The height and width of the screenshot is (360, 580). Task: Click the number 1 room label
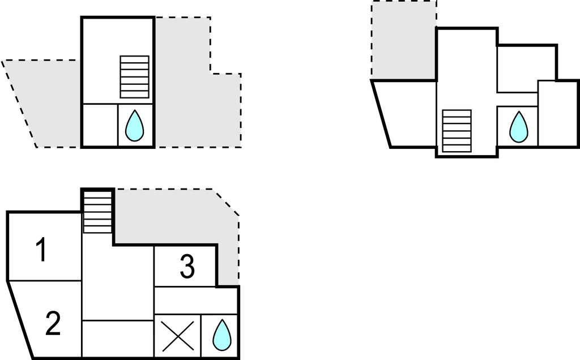[x=41, y=251]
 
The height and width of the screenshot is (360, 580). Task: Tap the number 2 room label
[x=53, y=324]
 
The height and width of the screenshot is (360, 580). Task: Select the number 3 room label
[x=187, y=267]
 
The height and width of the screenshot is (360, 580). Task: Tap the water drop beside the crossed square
[x=221, y=335]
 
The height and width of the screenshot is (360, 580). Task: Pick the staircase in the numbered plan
[x=97, y=211]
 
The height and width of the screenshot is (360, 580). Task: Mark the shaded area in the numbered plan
[x=170, y=218]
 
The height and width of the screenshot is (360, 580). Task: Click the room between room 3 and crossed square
[x=195, y=300]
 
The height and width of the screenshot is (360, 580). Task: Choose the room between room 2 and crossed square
[x=118, y=338]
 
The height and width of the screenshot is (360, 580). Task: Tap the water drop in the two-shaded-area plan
[x=134, y=126]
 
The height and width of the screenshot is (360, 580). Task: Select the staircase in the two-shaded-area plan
[x=134, y=77]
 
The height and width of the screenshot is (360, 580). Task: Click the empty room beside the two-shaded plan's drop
[x=100, y=125]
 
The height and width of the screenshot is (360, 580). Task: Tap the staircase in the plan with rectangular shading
[x=457, y=131]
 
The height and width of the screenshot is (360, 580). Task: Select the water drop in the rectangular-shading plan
[x=518, y=126]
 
